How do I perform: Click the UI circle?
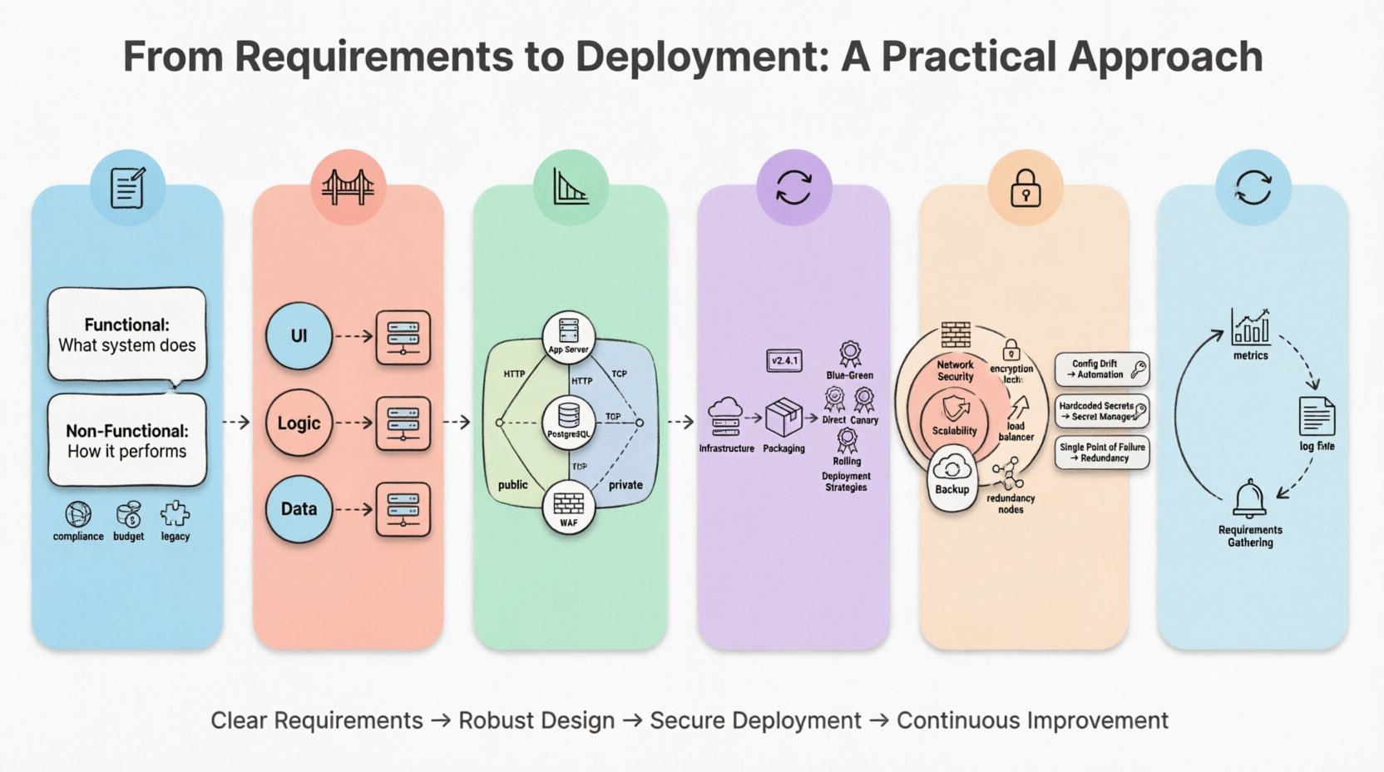(299, 336)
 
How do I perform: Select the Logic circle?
(299, 423)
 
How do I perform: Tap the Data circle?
(299, 509)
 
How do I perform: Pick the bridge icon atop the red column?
(348, 187)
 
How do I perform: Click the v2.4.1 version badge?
(783, 360)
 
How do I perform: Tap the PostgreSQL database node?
(569, 420)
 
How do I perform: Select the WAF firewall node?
(569, 508)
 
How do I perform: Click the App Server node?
(569, 335)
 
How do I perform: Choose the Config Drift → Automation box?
(1102, 369)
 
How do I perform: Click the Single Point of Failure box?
(1102, 453)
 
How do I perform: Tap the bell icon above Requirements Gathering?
(1249, 499)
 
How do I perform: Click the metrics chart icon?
(1251, 327)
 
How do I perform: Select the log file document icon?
(1317, 416)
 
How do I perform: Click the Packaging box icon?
(783, 418)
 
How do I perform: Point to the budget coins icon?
(129, 514)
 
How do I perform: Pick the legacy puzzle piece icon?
(175, 514)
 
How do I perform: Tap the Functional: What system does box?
(127, 334)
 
